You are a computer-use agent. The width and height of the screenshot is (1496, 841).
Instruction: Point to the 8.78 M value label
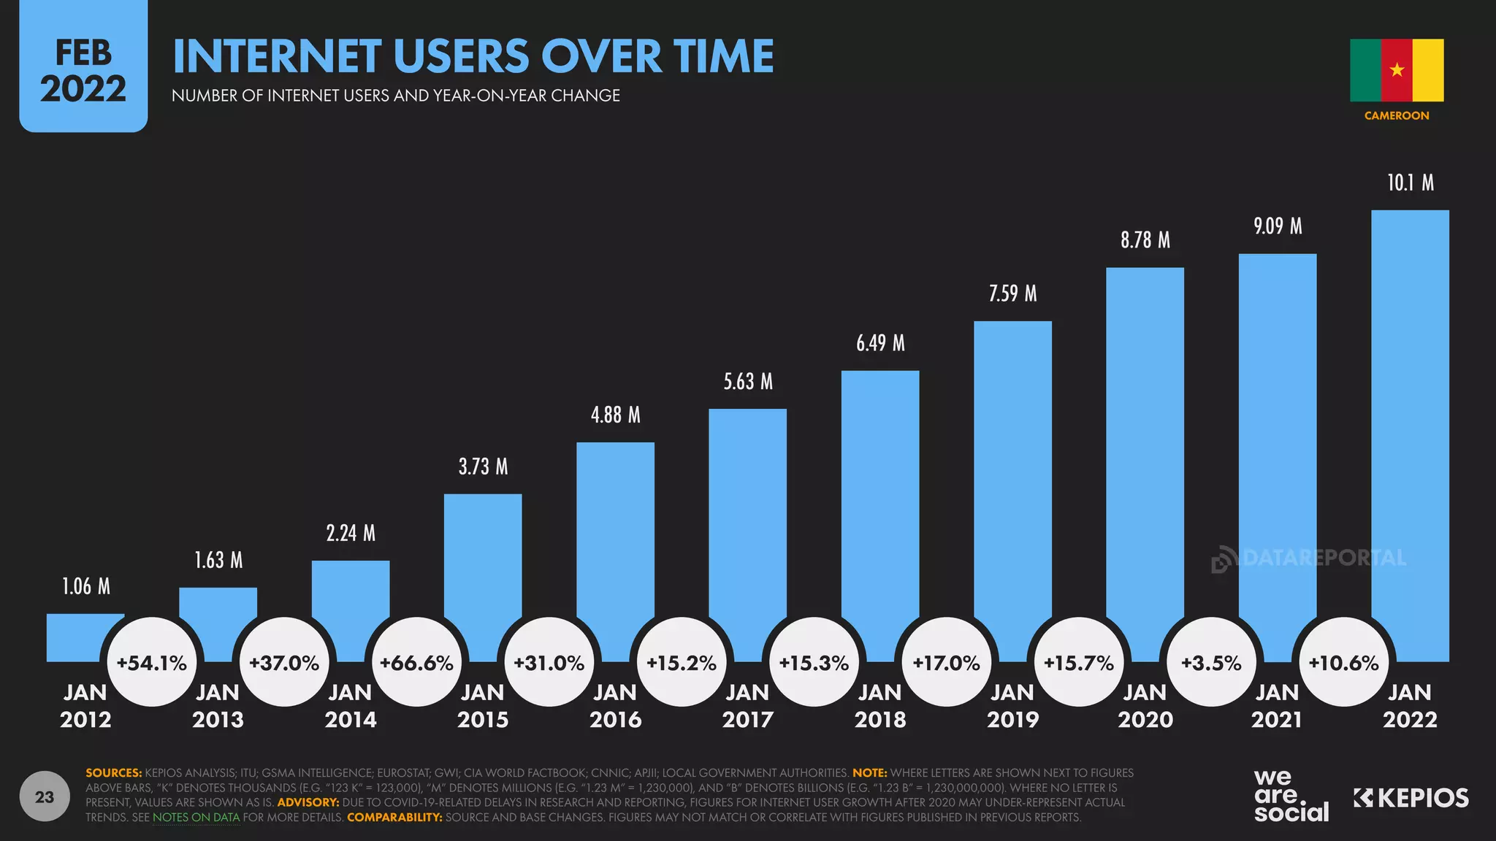click(x=1145, y=240)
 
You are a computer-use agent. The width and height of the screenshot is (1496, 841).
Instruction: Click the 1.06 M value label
click(x=86, y=586)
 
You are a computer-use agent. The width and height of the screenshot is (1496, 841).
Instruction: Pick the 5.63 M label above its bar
click(x=747, y=382)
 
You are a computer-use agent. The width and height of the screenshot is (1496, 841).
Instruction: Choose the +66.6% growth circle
click(x=417, y=663)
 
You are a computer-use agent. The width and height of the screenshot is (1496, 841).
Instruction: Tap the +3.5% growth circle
click(x=1211, y=663)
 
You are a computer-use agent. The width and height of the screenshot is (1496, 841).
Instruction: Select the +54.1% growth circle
click(x=152, y=663)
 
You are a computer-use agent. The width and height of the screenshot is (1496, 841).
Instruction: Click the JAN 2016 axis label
click(x=615, y=706)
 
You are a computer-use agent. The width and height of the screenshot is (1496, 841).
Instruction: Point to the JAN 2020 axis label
click(x=1145, y=706)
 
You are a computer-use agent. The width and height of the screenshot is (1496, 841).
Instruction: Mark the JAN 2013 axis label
click(x=218, y=706)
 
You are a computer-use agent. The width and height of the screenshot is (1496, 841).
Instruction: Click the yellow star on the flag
click(x=1397, y=70)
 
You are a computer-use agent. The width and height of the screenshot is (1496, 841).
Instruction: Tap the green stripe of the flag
click(x=1365, y=70)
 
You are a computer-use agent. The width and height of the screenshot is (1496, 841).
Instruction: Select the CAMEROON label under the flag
click(x=1397, y=115)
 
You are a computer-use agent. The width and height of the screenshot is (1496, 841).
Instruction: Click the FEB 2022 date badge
click(x=83, y=71)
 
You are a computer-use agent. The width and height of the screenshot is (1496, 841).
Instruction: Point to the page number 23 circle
click(x=45, y=796)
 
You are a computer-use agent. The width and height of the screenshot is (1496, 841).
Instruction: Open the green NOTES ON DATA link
click(x=196, y=818)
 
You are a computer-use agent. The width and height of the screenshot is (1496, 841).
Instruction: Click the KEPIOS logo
click(x=1411, y=798)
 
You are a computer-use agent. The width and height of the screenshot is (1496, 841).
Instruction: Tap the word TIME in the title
click(x=723, y=56)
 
